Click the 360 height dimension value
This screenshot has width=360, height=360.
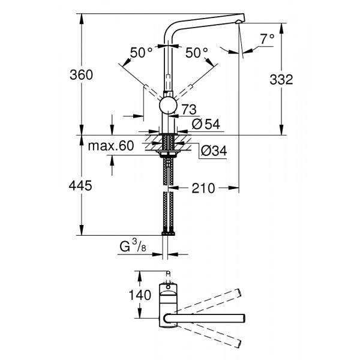click(x=82, y=75)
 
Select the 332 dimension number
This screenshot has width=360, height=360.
click(x=280, y=80)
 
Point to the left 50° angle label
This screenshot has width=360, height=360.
click(x=142, y=53)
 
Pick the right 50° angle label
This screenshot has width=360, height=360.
click(x=196, y=53)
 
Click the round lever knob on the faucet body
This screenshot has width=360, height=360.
click(x=167, y=107)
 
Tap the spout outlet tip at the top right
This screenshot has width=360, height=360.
click(x=239, y=20)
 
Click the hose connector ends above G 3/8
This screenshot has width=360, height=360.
click(x=167, y=233)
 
